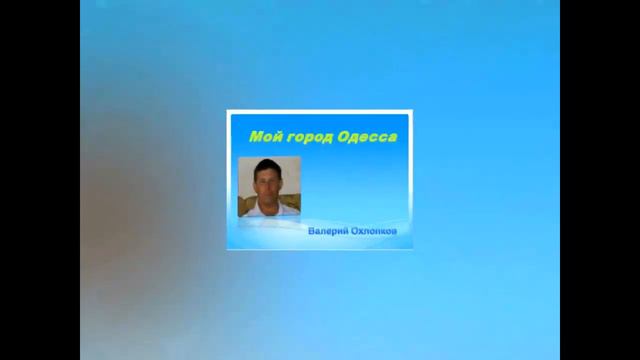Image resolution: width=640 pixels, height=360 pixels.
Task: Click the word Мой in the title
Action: tap(262, 136)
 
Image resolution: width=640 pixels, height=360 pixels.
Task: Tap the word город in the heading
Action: tap(305, 137)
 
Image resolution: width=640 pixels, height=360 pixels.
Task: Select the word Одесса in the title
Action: tap(366, 136)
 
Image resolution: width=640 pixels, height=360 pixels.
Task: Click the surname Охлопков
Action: tap(375, 231)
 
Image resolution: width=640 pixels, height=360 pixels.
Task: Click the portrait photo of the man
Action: tap(269, 187)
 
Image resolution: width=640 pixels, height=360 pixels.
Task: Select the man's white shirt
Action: tap(269, 209)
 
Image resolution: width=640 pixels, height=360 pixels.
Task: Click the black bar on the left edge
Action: tap(40, 180)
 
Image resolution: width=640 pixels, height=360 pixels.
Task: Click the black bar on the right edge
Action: tap(600, 180)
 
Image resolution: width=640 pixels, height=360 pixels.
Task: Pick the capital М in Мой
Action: tap(255, 136)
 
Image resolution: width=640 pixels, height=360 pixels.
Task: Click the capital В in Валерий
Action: tap(311, 231)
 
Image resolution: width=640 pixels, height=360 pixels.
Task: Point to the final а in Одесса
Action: tap(392, 137)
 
